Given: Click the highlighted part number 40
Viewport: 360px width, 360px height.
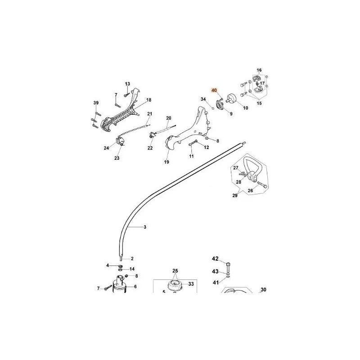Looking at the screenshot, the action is tap(214, 90).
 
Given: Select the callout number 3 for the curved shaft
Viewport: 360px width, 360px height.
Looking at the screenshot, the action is tap(145, 227).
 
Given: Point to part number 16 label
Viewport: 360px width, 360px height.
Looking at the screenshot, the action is tap(259, 70).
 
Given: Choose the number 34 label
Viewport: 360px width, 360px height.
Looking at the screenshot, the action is tap(203, 99).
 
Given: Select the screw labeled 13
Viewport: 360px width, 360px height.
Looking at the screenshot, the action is tap(126, 94).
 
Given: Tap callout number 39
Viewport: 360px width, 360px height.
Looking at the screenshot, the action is tap(96, 103).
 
